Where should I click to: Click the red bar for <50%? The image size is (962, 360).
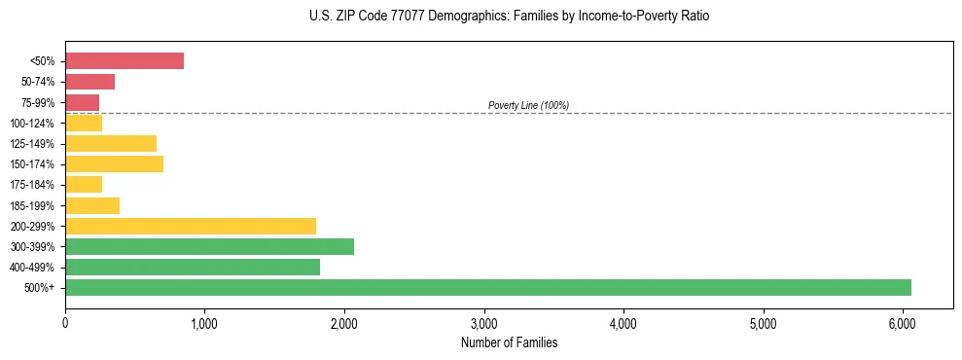tap(125, 61)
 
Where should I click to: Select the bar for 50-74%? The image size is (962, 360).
tap(89, 82)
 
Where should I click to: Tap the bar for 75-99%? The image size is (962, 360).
tap(82, 102)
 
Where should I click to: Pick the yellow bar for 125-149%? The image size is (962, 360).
tap(111, 144)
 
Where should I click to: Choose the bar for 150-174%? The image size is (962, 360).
tap(114, 164)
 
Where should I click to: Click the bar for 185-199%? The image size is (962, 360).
tap(92, 205)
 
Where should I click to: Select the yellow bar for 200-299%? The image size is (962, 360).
tap(191, 226)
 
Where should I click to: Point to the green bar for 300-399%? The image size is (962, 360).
tap(209, 246)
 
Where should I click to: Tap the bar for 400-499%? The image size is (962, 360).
tap(193, 267)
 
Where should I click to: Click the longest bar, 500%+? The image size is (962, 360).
tap(488, 287)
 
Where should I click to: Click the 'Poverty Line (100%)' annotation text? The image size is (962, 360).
tap(528, 105)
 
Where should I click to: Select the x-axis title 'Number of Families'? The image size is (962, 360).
tap(509, 342)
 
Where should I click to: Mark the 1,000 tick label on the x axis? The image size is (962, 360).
tap(204, 323)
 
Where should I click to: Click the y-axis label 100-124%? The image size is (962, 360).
tap(33, 124)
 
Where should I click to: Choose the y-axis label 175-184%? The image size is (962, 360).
tap(33, 185)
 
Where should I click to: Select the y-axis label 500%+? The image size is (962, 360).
tap(40, 288)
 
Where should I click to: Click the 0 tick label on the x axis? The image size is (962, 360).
tap(65, 323)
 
